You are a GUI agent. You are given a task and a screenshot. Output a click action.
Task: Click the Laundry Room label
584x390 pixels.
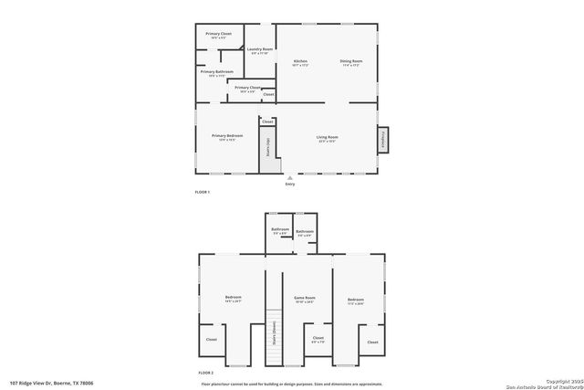point(261,51)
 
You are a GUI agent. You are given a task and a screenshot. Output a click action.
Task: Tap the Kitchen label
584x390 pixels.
point(300,63)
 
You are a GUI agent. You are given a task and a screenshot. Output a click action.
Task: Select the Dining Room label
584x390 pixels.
point(351,63)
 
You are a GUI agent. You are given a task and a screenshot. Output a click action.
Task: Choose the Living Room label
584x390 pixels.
point(327,137)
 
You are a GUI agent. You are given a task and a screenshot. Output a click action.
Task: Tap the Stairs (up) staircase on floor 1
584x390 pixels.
point(267,149)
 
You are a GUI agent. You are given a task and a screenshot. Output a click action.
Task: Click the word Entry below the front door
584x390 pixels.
point(290,184)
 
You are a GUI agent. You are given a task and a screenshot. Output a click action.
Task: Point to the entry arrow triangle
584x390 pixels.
point(290,177)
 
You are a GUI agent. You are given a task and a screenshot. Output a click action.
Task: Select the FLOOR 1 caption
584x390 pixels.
point(203,192)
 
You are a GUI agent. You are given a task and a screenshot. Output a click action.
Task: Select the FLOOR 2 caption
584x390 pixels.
point(205,373)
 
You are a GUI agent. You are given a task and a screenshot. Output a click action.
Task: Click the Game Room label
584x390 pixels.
point(304,300)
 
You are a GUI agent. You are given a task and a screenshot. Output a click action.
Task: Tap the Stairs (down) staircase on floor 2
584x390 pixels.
point(272,338)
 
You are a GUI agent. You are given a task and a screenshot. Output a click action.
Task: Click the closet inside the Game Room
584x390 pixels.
point(318,340)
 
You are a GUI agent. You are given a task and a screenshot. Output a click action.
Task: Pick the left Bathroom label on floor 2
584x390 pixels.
point(280,231)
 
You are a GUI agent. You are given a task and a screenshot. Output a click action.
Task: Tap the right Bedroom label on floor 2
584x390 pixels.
point(355,300)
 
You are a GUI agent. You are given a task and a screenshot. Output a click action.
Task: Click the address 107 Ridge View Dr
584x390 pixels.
point(52,383)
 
